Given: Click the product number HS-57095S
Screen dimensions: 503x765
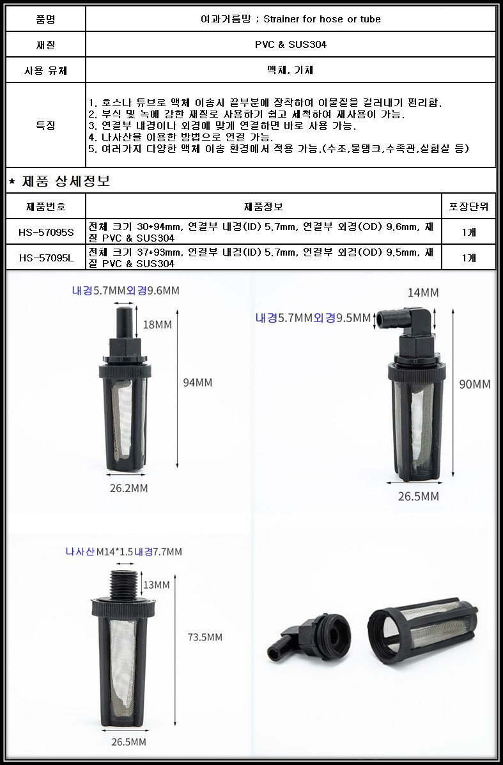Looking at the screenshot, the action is pos(46,232).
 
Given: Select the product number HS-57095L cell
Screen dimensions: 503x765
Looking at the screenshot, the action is pos(46,258).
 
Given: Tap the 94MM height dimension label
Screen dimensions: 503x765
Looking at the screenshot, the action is pos(197,382).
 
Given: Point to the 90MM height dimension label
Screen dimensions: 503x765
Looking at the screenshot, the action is pos(475,385).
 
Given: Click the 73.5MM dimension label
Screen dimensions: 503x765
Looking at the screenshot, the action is pos(205,637).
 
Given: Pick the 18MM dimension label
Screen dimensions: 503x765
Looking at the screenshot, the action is pos(157,325).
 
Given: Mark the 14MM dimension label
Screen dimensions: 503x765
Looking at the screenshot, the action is pos(423,293).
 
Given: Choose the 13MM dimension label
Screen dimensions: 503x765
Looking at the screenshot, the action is pos(156,585).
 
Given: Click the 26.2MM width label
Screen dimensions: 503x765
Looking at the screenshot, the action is pos(129,488).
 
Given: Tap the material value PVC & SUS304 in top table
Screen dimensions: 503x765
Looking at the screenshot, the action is pos(291,44).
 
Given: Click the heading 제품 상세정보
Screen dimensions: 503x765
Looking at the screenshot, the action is pos(66,181).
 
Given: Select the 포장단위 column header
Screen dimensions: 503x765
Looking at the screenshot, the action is pos(468,206).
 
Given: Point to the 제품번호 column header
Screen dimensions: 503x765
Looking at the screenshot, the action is pos(46,206).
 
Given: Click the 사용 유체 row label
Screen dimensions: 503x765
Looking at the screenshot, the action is pos(46,70).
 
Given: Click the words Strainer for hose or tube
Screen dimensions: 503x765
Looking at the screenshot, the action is pos(322,19).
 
